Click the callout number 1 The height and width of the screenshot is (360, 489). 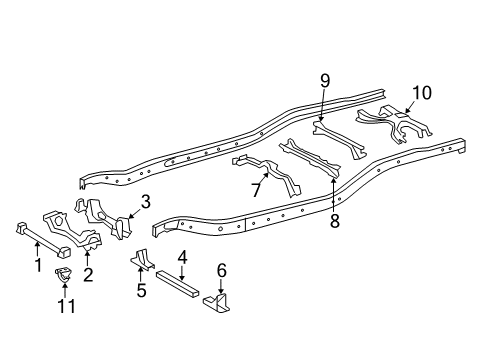point(37,265)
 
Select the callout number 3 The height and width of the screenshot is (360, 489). point(145,202)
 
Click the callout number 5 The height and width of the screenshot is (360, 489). point(141,291)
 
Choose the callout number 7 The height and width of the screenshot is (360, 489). point(256,190)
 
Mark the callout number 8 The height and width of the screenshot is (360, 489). point(334,222)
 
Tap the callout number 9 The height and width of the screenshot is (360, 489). point(324,81)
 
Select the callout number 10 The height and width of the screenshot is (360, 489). point(421,93)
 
